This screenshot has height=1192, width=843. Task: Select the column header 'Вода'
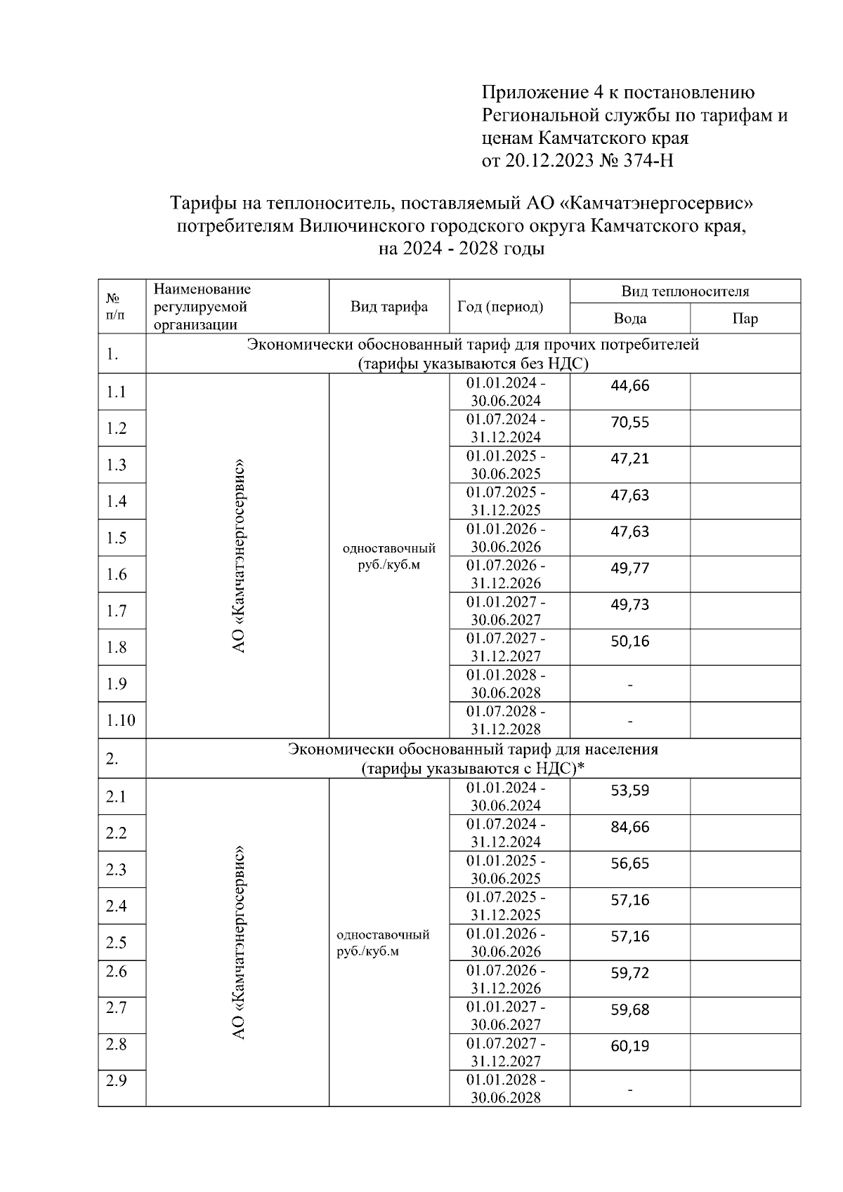pyautogui.click(x=629, y=319)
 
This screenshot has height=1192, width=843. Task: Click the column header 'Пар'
pyautogui.click(x=745, y=319)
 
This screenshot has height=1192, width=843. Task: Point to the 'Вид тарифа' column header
pyautogui.click(x=389, y=307)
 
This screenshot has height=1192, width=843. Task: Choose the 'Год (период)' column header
pyautogui.click(x=500, y=307)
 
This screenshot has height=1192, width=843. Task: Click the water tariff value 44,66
pyautogui.click(x=629, y=385)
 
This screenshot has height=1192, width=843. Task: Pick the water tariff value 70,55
pyautogui.click(x=629, y=422)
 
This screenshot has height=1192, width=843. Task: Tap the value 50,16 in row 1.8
pyautogui.click(x=629, y=641)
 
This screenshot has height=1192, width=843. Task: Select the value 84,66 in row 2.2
pyautogui.click(x=629, y=827)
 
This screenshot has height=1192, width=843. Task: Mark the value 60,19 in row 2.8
pyautogui.click(x=629, y=1046)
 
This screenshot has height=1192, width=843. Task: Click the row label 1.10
pyautogui.click(x=121, y=720)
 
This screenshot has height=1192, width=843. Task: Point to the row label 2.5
pyautogui.click(x=117, y=943)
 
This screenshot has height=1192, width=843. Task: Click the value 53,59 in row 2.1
pyautogui.click(x=629, y=790)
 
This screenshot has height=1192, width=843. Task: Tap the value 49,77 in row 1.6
pyautogui.click(x=629, y=568)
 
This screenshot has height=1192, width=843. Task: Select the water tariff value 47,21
pyautogui.click(x=629, y=458)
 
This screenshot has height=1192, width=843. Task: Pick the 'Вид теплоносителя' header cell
pyautogui.click(x=685, y=291)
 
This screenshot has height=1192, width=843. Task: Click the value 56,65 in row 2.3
pyautogui.click(x=629, y=863)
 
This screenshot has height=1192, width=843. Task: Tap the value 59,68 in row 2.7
pyautogui.click(x=629, y=1009)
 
